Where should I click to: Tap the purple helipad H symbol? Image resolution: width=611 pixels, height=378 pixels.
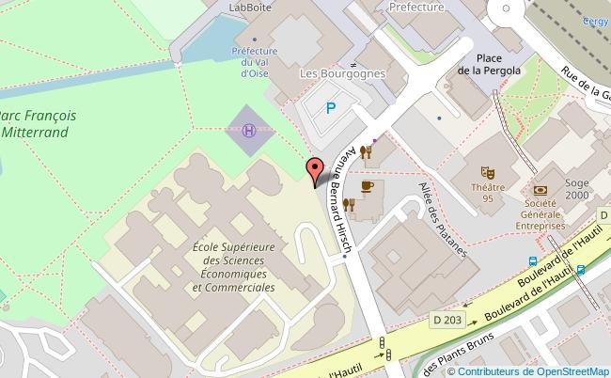pos(248,131)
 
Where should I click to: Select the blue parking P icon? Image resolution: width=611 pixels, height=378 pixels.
pos(330,108)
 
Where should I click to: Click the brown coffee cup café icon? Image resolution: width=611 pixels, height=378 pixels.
pos(367,186)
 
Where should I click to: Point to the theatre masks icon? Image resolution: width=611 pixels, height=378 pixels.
pos(487,172)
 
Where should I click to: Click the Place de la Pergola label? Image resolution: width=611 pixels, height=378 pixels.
pos(488,63)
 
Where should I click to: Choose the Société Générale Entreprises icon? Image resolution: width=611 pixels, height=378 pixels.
pos(540,191)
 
